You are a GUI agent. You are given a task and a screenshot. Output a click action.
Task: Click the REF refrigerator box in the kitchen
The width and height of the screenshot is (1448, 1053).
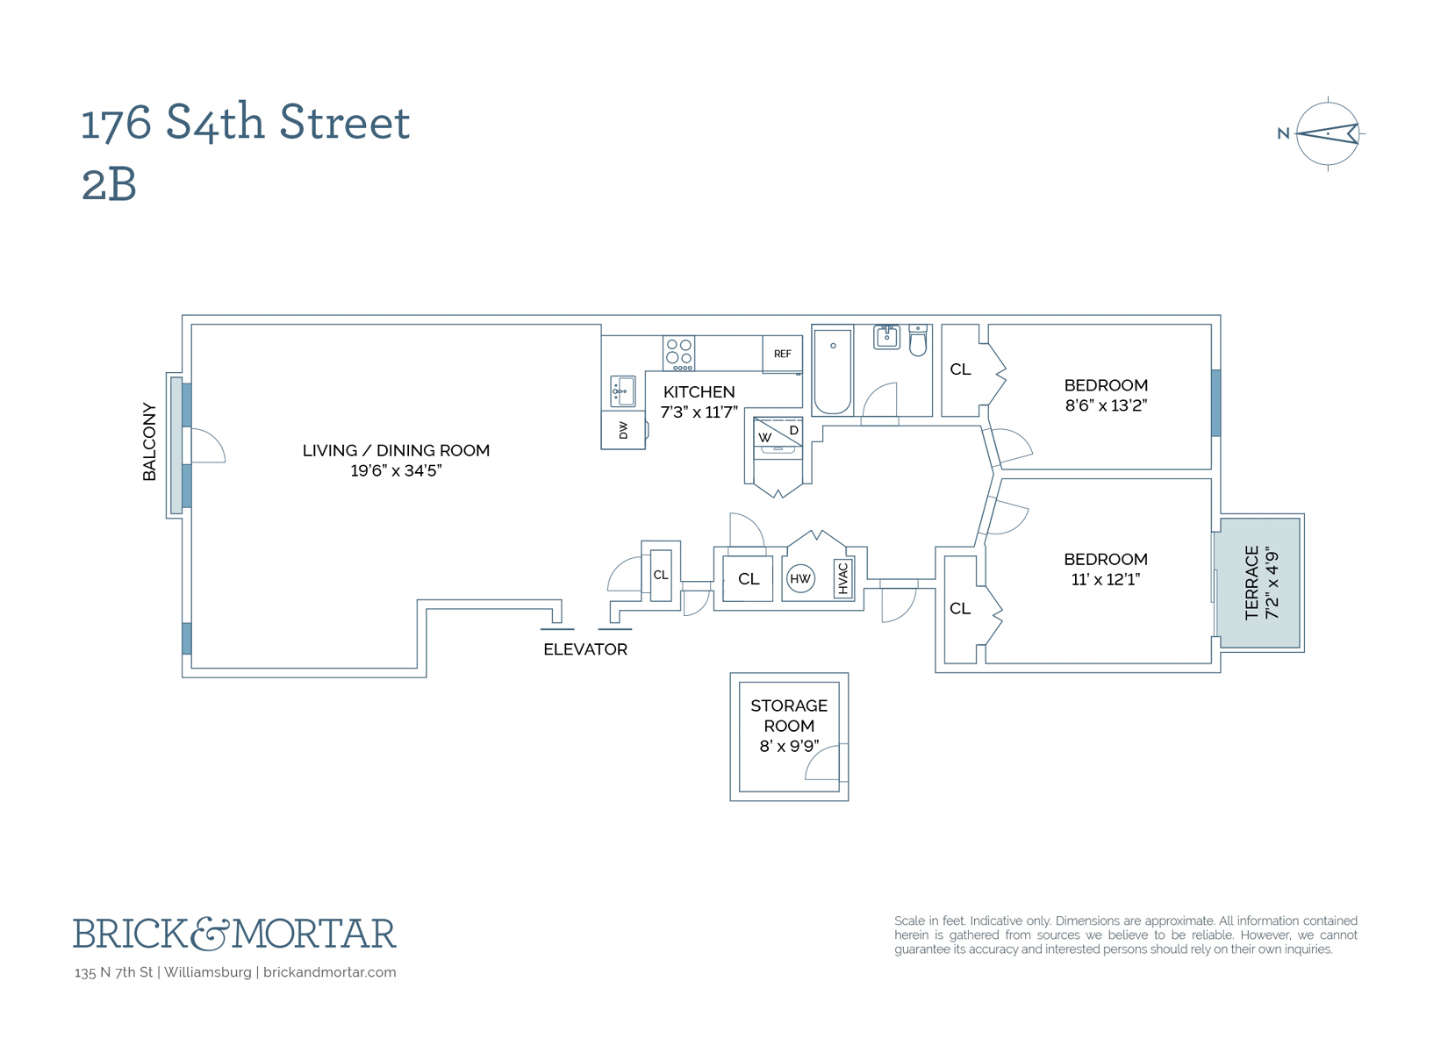782,354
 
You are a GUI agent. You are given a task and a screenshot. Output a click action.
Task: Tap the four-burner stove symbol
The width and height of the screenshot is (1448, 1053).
678,353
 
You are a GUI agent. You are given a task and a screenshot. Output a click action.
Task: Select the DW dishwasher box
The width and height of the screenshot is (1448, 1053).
623,430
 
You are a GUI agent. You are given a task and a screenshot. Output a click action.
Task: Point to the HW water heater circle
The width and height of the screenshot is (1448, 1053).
800,578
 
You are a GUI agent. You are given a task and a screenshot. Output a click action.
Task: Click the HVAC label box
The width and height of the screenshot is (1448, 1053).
843,578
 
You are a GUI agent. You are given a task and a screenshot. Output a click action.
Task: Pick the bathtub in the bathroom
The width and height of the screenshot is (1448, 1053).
832,370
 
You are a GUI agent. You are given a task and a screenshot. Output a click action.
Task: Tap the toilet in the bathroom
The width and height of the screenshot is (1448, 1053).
918,340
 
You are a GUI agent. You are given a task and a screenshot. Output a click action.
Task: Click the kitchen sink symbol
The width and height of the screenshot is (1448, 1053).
623,390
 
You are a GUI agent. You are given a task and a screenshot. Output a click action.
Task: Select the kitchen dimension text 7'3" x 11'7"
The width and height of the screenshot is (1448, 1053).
699,412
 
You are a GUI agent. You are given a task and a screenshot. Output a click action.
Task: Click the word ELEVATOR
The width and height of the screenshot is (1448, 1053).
585,649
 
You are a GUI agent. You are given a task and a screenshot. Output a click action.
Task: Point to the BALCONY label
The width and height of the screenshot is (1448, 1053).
149,441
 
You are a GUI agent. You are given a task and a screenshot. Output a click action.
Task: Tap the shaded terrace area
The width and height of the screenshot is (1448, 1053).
1258,583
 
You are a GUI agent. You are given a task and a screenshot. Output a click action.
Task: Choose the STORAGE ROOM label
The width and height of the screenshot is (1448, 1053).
789,715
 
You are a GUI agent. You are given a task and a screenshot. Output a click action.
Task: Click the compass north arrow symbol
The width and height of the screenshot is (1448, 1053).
1327,134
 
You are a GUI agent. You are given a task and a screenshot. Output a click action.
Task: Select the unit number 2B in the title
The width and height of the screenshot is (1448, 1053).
109,185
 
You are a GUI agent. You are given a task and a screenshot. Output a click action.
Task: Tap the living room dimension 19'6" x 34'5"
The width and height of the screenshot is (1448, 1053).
396,470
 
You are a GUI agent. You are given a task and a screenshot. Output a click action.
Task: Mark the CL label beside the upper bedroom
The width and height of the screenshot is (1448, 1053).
961,369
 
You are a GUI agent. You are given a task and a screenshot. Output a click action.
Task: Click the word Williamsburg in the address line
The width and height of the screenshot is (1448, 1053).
208,972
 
